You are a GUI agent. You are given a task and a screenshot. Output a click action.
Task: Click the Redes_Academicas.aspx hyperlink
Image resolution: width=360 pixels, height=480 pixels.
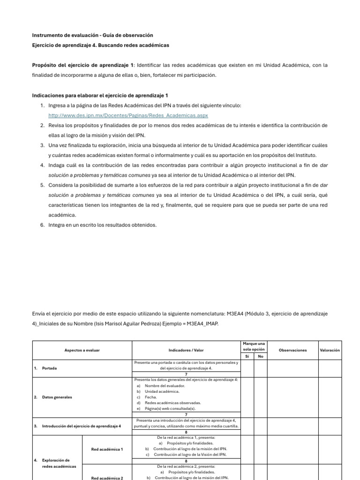[x=128, y=115]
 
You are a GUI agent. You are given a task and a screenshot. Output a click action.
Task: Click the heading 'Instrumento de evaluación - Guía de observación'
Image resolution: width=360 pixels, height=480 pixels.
[x=92, y=35]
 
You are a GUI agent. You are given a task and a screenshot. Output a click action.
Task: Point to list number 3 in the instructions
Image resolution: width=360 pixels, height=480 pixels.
[x=42, y=145]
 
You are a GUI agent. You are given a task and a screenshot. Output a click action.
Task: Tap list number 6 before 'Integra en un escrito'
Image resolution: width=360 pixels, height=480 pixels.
[x=42, y=225]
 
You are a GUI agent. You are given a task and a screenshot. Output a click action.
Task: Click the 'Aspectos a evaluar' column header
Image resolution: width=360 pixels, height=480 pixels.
[x=82, y=350]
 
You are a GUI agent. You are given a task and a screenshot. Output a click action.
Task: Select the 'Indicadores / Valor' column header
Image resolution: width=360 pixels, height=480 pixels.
[x=186, y=350]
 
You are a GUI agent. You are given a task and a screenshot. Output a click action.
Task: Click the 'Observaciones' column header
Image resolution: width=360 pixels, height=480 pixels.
[x=292, y=350]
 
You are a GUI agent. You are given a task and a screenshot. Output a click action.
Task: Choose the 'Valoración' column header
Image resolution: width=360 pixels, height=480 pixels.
[x=330, y=350]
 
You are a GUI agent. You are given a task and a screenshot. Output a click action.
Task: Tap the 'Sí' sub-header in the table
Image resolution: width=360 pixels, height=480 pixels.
[x=247, y=356]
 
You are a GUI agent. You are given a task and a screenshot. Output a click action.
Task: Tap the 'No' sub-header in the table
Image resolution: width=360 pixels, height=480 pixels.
[x=261, y=356]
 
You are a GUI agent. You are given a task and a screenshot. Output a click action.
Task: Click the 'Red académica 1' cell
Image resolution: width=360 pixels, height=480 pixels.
[x=107, y=449]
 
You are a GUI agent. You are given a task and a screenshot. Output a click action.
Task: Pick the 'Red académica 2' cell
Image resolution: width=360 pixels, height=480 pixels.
[x=107, y=478]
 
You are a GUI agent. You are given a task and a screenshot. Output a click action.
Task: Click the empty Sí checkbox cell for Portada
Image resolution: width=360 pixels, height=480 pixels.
[x=247, y=368]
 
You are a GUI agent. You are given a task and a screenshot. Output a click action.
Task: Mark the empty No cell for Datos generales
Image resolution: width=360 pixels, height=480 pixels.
[x=261, y=397]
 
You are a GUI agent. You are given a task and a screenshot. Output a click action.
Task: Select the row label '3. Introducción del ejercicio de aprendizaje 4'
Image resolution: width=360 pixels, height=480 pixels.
[x=77, y=426]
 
